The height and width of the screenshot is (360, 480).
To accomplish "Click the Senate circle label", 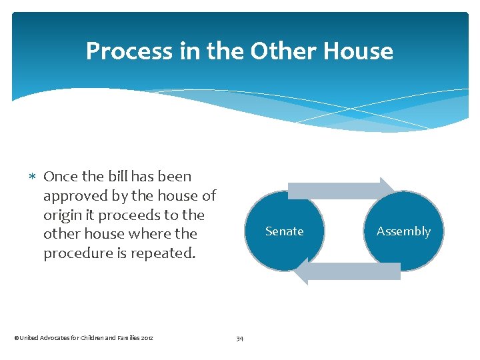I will click(x=284, y=231).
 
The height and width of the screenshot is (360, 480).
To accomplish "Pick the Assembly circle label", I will click(x=403, y=231).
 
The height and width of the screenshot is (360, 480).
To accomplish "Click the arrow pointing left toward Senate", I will click(x=347, y=271).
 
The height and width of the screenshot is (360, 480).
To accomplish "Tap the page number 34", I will click(x=240, y=339).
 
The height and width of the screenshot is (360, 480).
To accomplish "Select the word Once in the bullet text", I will click(x=60, y=177).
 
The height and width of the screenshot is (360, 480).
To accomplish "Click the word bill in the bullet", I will click(x=117, y=177).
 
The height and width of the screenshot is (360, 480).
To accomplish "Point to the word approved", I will click(x=71, y=196).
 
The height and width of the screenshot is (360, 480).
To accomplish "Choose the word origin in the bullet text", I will click(x=62, y=215).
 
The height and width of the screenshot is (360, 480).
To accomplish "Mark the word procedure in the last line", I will click(x=76, y=254).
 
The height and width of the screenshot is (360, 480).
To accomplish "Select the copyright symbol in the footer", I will click(x=16, y=338).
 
